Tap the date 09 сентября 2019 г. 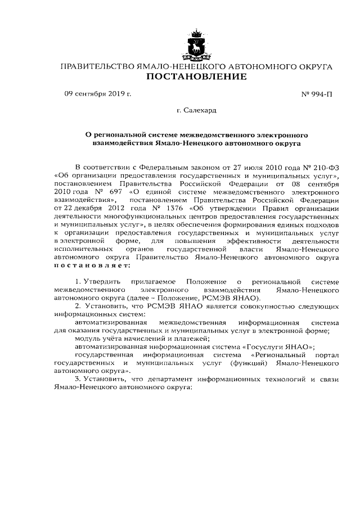[x=97, y=93]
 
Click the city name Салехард [x=200, y=111]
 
